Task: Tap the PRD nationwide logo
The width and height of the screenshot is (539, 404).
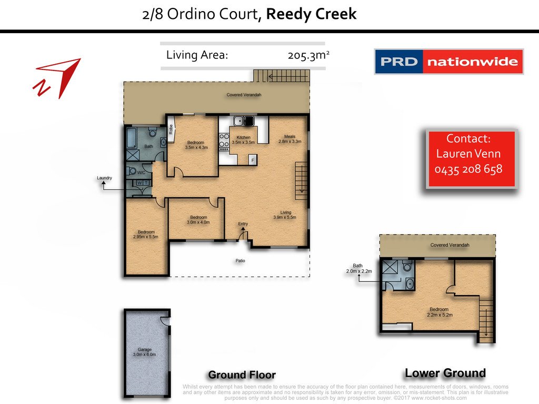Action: point(448,62)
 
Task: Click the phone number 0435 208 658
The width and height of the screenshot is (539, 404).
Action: point(468,169)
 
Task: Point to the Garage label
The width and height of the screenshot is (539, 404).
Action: point(145,352)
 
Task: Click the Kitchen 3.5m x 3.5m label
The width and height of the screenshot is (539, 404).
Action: point(243,139)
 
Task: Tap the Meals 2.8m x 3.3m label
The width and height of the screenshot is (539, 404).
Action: point(290,138)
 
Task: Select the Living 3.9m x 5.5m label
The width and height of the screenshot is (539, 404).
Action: point(285,215)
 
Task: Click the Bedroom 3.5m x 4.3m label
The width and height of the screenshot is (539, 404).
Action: point(197,145)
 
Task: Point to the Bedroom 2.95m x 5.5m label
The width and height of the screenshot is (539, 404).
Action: point(146,235)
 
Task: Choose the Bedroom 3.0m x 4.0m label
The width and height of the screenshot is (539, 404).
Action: point(198,219)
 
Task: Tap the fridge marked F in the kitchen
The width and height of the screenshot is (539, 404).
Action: point(253,159)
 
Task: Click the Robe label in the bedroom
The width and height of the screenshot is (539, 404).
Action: point(171,129)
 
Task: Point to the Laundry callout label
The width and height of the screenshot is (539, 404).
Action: point(105,178)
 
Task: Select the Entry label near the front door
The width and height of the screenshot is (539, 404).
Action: point(243,224)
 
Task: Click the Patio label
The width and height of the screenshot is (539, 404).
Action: point(240,260)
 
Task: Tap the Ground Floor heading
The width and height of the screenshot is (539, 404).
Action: point(242,375)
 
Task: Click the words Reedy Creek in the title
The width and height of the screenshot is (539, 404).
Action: point(311,14)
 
